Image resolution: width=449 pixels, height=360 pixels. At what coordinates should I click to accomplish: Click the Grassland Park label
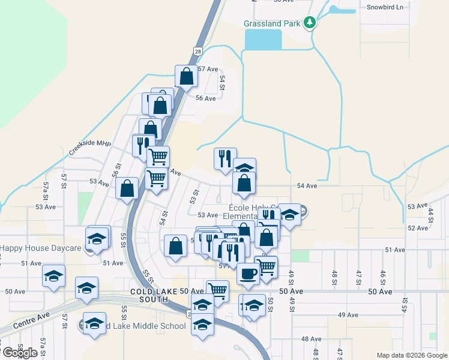tap(272, 24)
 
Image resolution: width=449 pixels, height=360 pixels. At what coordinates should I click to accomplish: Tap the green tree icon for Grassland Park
tap(309, 23)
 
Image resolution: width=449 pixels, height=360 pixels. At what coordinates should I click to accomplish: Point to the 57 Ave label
tap(208, 69)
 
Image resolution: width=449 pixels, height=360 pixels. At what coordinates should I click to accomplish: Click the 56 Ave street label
tap(206, 98)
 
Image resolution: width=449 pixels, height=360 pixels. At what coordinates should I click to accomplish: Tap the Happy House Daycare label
tap(40, 248)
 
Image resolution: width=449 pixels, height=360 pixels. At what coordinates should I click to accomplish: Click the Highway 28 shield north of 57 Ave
tap(197, 52)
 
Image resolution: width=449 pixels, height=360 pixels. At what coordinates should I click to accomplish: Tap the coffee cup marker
tap(247, 275)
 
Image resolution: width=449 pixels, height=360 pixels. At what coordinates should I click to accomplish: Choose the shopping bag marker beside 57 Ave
tap(186, 76)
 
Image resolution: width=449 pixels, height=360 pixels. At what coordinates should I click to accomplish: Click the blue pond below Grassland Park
tap(263, 40)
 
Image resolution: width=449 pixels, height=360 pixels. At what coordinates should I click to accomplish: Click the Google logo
tap(20, 353)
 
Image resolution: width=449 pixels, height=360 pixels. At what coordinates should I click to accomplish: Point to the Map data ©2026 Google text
tap(411, 355)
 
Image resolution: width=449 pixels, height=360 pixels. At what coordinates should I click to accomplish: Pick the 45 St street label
tap(405, 306)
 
